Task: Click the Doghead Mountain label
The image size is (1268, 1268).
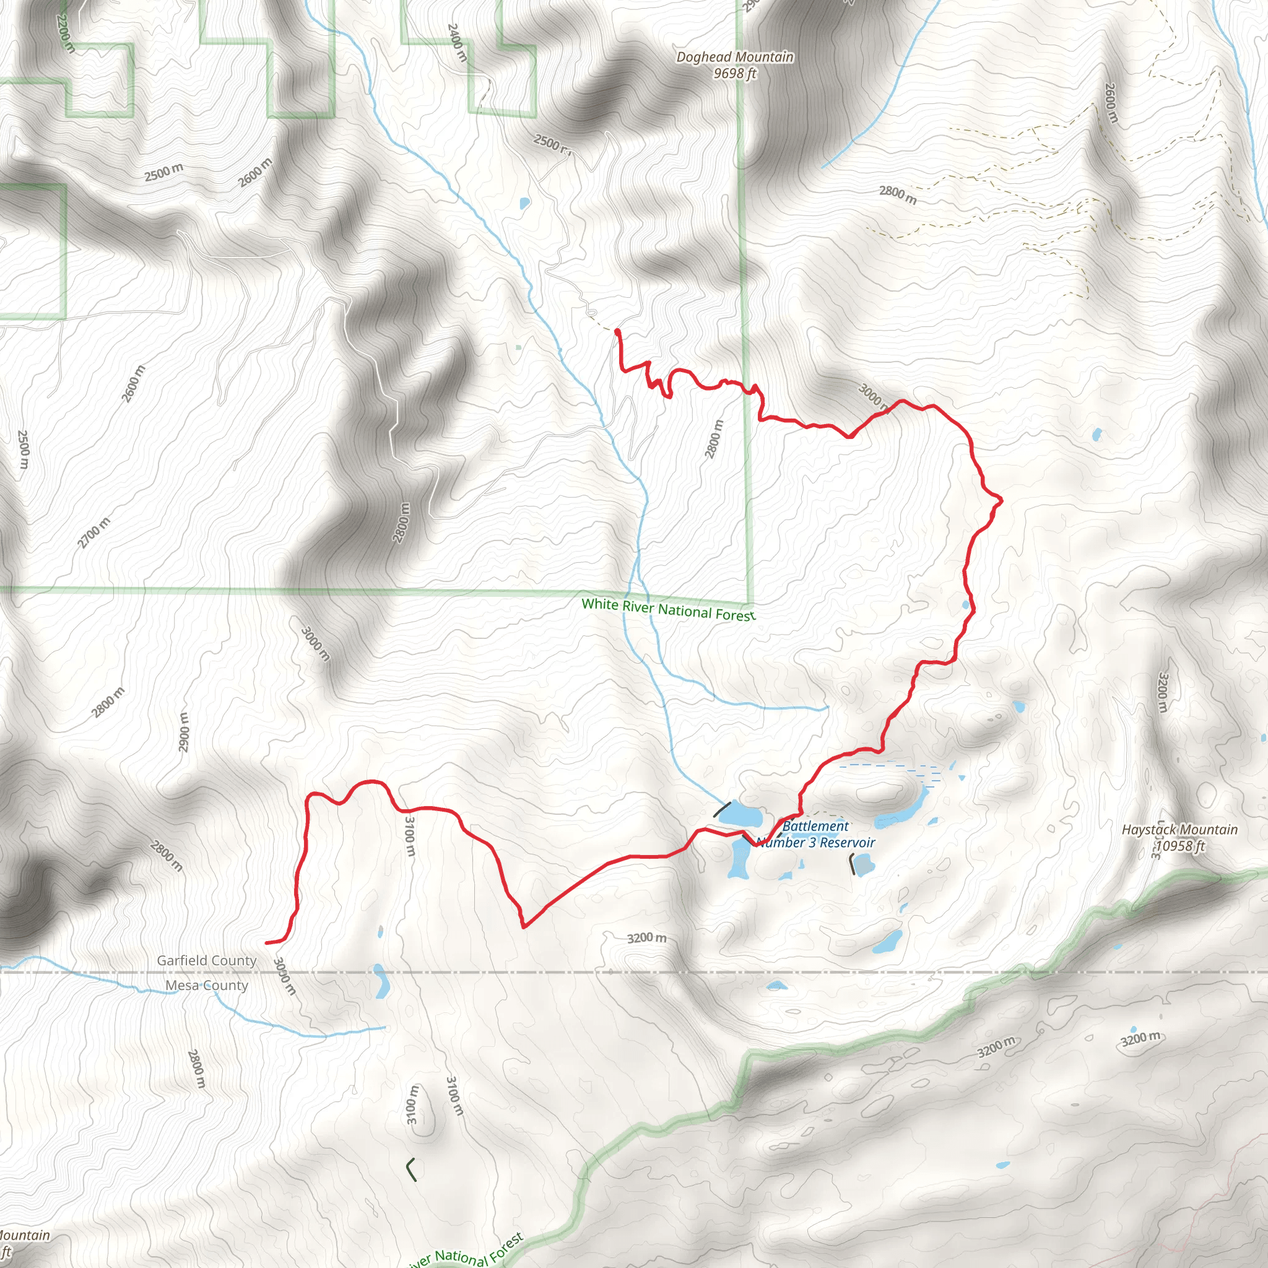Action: [x=735, y=57]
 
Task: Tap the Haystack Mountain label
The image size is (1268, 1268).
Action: [x=1179, y=830]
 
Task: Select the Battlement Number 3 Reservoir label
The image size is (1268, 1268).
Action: [x=816, y=834]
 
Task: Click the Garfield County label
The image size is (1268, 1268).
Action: [x=207, y=960]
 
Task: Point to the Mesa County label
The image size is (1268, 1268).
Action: [x=207, y=985]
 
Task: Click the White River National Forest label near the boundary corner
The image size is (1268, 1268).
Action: [x=668, y=609]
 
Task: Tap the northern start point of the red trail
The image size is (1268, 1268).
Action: [x=617, y=332]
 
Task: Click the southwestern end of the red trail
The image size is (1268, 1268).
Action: [x=267, y=942]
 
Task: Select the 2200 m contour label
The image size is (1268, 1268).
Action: [x=65, y=33]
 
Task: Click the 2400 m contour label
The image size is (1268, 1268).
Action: [x=458, y=43]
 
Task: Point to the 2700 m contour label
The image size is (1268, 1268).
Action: [x=94, y=532]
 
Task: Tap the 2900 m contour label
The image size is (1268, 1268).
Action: [x=184, y=732]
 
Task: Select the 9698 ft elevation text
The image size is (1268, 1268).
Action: [x=735, y=74]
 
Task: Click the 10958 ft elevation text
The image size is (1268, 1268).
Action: [x=1179, y=846]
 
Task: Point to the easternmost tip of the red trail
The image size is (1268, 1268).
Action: [x=1002, y=501]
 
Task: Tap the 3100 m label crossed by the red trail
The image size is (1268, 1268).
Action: [x=409, y=835]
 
